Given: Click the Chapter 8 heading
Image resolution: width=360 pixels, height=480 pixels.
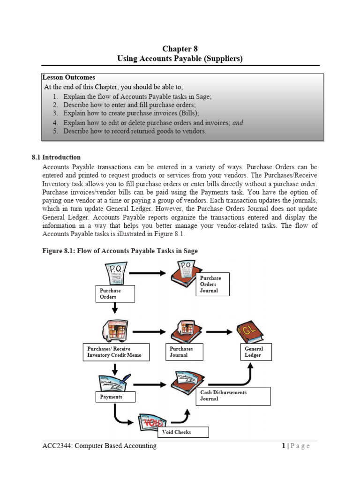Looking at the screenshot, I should pyautogui.click(x=180, y=49).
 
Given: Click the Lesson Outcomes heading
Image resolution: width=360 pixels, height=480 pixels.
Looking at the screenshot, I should pyautogui.click(x=68, y=77).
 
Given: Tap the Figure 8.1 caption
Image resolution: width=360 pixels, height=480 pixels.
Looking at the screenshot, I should pyautogui.click(x=120, y=251).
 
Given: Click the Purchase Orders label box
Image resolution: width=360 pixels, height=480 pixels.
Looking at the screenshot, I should pyautogui.click(x=115, y=294).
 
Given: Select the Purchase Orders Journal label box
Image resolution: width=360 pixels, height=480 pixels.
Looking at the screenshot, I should pyautogui.click(x=213, y=284).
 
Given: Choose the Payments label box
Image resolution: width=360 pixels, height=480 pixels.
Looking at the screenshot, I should pyautogui.click(x=115, y=397).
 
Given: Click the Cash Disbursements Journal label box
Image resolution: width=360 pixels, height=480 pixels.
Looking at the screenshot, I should pyautogui.click(x=233, y=396).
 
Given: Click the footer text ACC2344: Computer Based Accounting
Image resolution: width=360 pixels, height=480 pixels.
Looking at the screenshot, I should pyautogui.click(x=99, y=446).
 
